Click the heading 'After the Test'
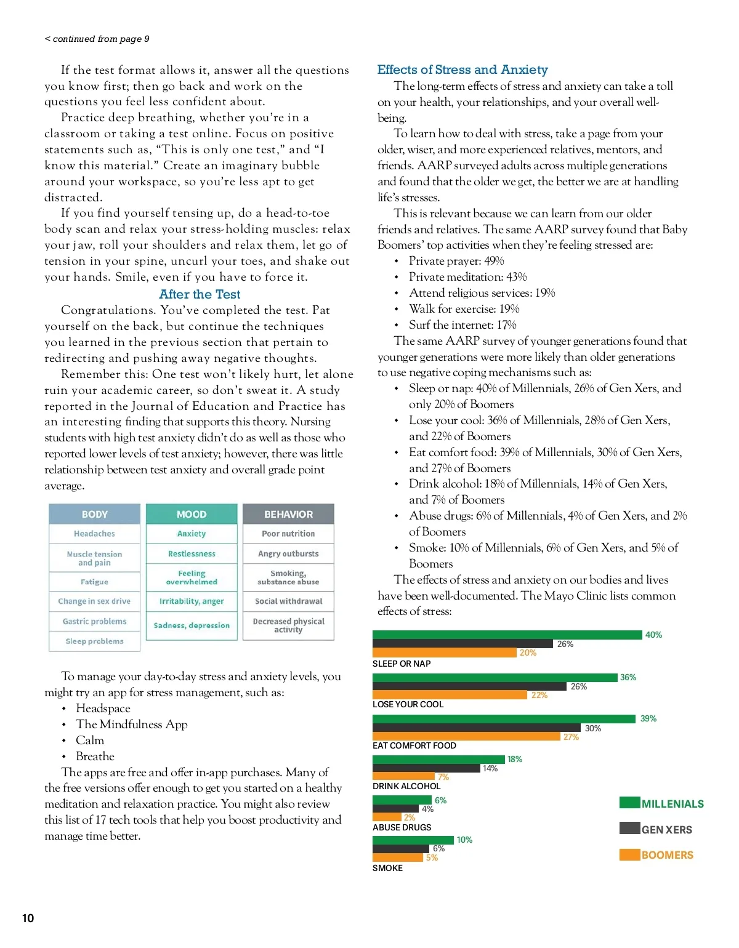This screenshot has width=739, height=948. [x=200, y=294]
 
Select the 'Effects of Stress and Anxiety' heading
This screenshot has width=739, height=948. [x=462, y=70]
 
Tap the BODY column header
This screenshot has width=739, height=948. [x=94, y=514]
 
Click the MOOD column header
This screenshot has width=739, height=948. [x=192, y=514]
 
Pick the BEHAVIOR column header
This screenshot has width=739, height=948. [x=288, y=514]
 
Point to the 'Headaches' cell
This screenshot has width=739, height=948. [x=94, y=534]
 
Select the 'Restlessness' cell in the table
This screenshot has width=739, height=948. [x=192, y=553]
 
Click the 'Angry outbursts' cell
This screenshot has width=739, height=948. [x=288, y=553]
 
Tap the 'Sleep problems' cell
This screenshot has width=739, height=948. [x=94, y=641]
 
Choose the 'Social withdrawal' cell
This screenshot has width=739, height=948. [x=288, y=601]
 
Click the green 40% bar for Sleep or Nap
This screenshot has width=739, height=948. [x=507, y=635]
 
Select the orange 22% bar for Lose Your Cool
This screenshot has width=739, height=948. [x=450, y=695]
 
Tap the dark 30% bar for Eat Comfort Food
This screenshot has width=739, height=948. [x=476, y=728]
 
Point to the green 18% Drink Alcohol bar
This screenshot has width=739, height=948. [x=438, y=759]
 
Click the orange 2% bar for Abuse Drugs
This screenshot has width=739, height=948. [x=387, y=817]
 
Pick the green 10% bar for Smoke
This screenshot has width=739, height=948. [x=413, y=840]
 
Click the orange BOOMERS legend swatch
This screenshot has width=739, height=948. [x=629, y=854]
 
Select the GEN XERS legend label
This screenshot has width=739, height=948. [x=666, y=830]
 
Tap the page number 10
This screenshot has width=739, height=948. [x=28, y=918]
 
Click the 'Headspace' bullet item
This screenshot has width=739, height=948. [x=103, y=709]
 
